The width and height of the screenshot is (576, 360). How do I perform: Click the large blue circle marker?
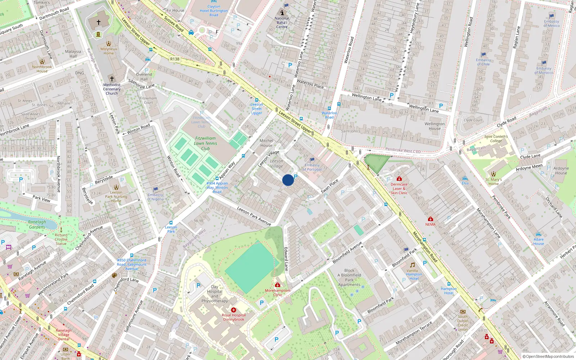coord(288,180)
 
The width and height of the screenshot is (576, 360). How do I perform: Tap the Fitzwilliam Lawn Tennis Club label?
coord(206,143)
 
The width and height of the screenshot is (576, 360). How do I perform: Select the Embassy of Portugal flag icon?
coord(312,160)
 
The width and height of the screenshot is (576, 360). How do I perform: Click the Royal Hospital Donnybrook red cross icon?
coord(234,310)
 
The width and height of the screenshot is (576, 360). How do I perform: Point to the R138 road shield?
coord(175,59)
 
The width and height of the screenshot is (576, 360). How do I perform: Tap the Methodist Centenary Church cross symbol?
coord(112,78)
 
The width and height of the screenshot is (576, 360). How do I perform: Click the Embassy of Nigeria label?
coord(156,197)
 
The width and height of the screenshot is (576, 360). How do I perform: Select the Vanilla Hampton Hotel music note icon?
coord(413,265)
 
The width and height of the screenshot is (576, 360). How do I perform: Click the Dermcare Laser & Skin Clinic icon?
coord(399,179)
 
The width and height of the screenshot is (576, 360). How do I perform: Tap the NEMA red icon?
coord(430,219)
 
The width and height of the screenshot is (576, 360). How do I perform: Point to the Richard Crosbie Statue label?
coord(61,239)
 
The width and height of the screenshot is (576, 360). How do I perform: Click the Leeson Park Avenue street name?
coord(254,216)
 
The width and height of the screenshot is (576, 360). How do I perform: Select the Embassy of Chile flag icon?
coord(483,55)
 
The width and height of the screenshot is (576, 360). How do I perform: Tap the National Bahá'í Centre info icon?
coord(282,12)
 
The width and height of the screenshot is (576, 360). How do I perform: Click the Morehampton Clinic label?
coord(278,292)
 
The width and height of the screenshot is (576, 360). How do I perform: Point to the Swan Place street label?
coord(329,186)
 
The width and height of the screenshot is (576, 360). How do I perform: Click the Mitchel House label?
coord(266,143)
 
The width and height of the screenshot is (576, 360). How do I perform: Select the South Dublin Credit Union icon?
coord(463,312)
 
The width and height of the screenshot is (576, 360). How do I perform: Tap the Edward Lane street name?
coord(286,259)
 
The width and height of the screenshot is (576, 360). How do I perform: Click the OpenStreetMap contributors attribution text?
coord(548,356)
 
